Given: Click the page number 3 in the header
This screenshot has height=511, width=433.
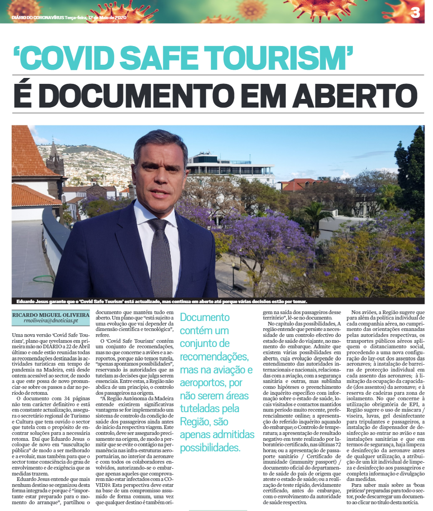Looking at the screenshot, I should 415,13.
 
